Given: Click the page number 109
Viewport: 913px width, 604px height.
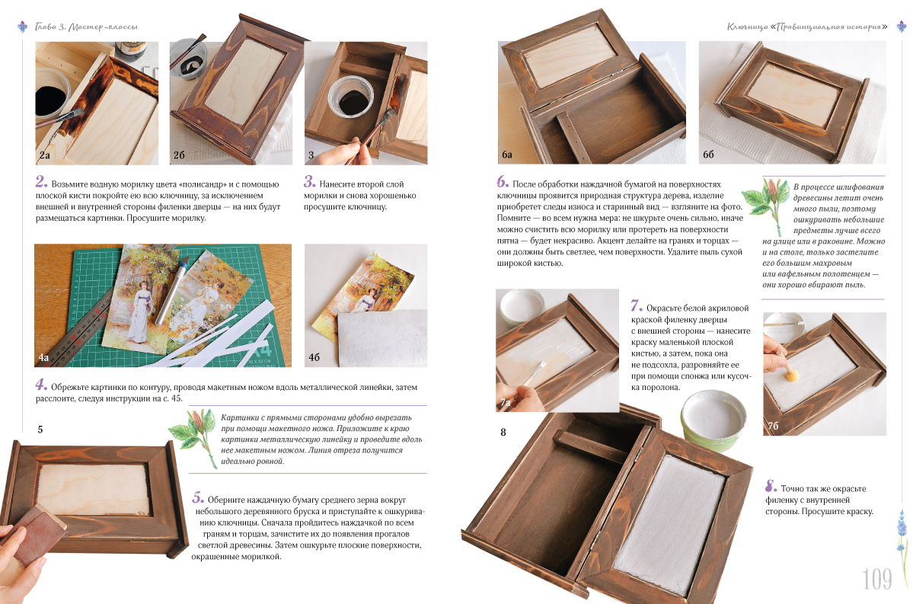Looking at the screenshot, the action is point(877,579).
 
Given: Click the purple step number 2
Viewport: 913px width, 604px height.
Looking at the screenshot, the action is point(41,182).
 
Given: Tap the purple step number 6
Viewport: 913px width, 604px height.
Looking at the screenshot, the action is point(503,182).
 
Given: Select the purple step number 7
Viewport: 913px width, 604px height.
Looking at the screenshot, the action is point(637,305).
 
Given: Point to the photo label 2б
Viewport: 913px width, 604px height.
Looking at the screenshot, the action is point(179,155).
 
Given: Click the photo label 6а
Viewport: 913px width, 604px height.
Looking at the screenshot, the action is point(507,155).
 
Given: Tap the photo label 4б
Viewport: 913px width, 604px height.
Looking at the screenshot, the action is point(314,357).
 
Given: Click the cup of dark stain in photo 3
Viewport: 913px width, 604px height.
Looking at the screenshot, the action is point(350,97).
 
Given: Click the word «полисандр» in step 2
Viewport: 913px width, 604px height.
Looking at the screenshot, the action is point(200,184).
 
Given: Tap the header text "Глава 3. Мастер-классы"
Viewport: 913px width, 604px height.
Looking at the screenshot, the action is point(86,27).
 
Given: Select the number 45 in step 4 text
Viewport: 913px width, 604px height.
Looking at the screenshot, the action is point(177,398).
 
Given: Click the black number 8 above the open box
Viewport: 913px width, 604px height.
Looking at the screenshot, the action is point(503,432).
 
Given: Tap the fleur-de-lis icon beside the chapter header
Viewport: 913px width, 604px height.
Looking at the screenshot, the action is point(23,27).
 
